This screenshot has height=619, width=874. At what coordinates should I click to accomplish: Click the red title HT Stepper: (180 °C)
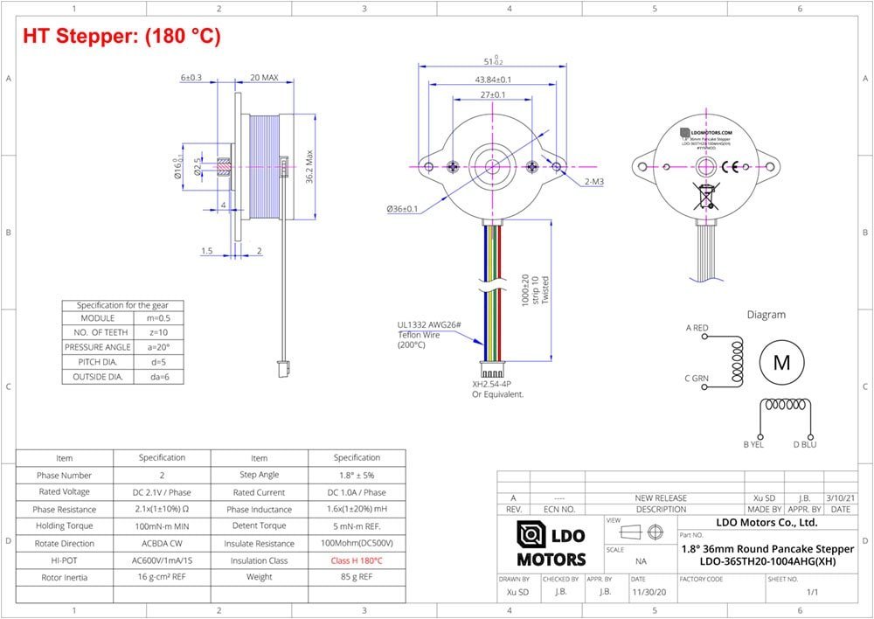pos(121,37)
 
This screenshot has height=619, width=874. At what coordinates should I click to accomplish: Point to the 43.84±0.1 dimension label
pos(493,79)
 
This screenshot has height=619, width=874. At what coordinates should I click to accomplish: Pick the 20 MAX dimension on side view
pos(263,78)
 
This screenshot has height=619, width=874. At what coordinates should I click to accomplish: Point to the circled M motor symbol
pos(780,362)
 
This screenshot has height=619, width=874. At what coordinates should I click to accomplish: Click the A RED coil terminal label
pos(697,328)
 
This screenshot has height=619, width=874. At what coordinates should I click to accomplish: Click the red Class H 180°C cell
pos(357,560)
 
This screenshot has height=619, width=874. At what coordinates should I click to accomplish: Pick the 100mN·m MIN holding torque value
pos(162,526)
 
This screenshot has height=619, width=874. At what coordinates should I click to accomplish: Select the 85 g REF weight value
pos(357,577)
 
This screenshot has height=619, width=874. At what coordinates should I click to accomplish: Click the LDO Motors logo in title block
pos(551,545)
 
